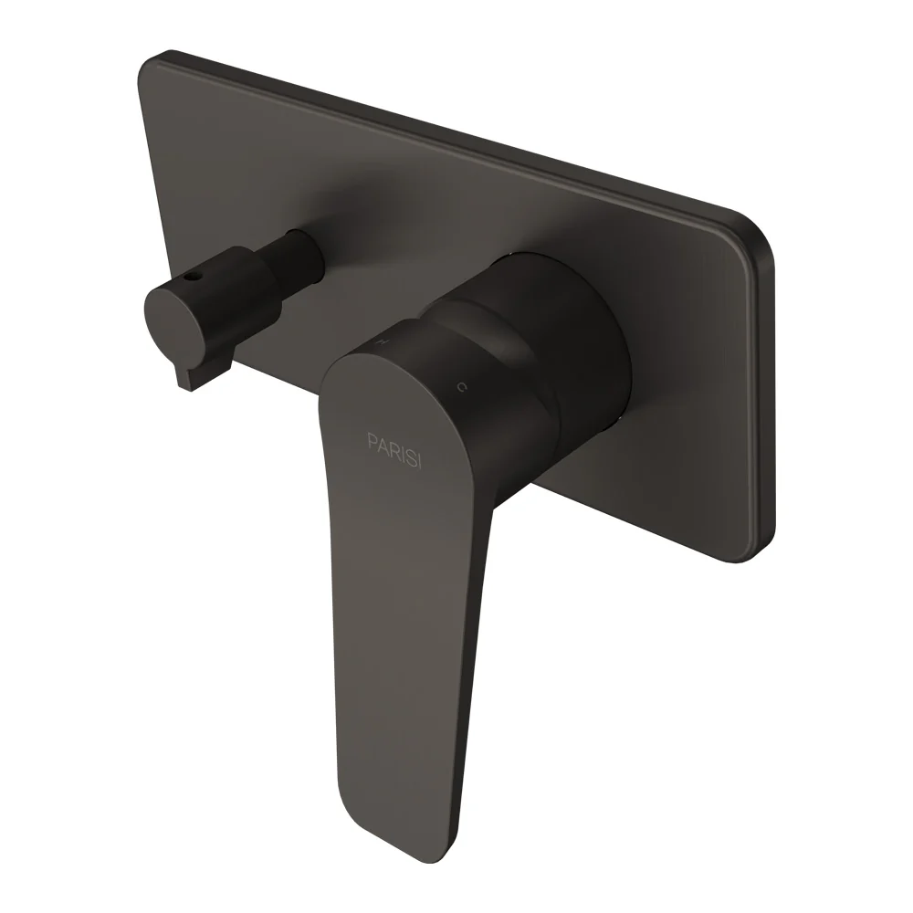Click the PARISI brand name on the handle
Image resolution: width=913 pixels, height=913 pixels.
point(394,449)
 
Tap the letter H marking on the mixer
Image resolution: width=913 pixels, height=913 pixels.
point(383,341)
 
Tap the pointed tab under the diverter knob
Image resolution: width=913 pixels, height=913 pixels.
point(184,379)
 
